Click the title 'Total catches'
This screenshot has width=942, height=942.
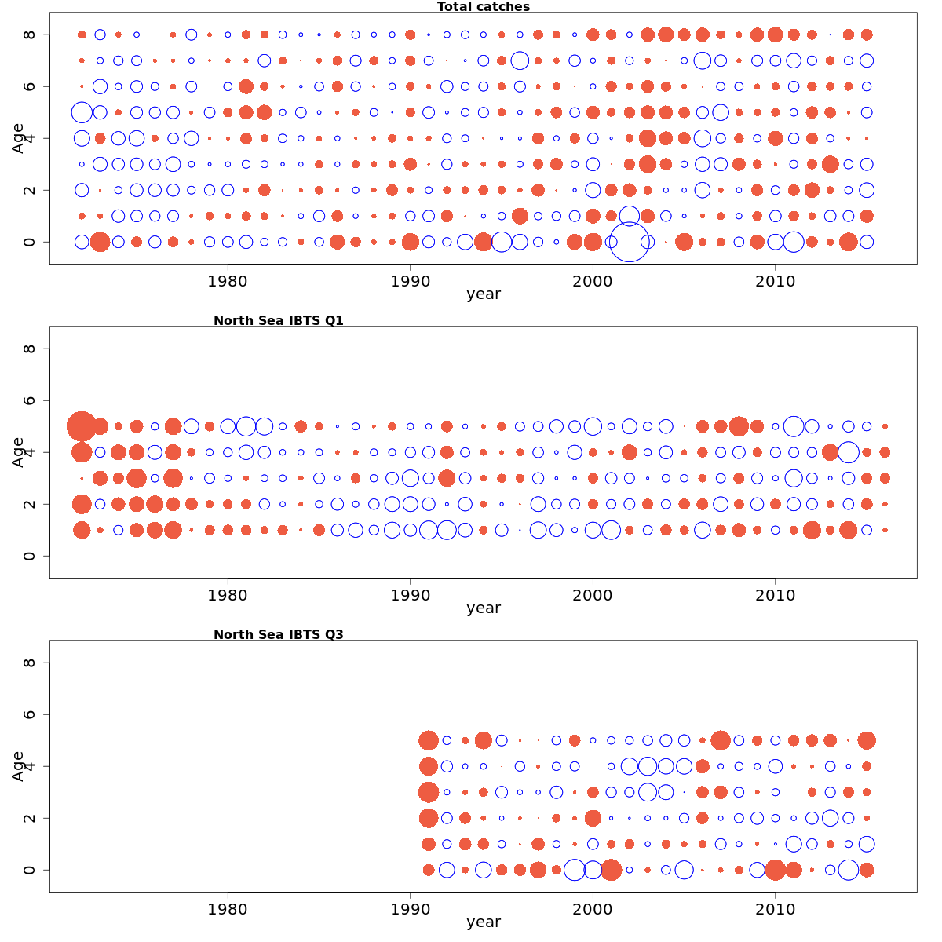pos(484,7)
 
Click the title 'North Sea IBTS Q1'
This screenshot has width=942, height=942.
pos(279,320)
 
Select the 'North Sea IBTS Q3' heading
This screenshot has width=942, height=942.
pos(279,634)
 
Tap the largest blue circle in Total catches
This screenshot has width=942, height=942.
pos(630,242)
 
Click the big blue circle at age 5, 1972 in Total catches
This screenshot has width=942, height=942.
pos(82,112)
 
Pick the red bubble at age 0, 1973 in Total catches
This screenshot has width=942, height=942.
pos(100,242)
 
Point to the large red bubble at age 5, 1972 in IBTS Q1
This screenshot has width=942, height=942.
pos(82,426)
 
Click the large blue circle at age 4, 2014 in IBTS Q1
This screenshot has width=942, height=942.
pos(849,452)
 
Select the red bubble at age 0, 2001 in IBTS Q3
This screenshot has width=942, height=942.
pos(611,870)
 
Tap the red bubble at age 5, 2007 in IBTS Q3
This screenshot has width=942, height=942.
pos(721,740)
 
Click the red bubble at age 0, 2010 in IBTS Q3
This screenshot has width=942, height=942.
pos(776,870)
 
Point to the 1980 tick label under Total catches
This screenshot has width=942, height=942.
pos(228,279)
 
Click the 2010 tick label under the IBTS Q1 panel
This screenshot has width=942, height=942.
pos(776,593)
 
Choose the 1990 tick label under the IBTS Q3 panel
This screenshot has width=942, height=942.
pos(410,907)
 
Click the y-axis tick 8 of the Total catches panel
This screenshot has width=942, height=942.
pos(30,35)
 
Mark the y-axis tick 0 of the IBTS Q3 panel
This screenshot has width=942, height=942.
pos(30,870)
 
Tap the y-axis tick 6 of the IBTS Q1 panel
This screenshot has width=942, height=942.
pos(30,400)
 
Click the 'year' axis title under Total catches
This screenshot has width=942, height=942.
pos(484,294)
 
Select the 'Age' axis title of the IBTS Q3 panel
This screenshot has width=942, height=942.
pos(18,765)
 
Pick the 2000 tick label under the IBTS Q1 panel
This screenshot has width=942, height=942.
pos(593,593)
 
